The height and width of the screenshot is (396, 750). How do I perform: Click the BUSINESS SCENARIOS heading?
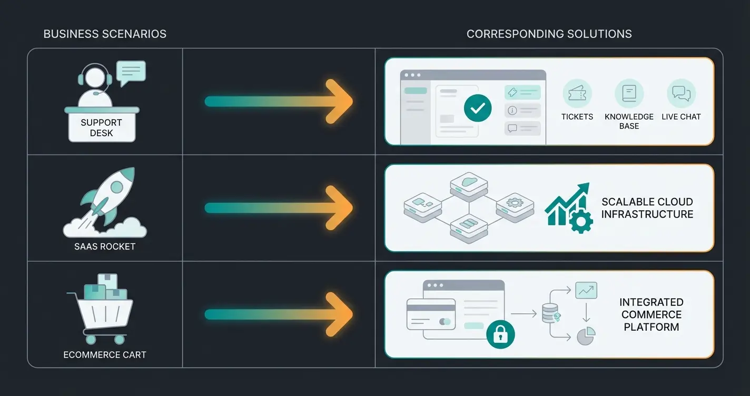coord(105,34)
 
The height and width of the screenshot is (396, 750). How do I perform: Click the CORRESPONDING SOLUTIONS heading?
coord(549,34)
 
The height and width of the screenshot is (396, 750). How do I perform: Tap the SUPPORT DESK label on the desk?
coord(102,127)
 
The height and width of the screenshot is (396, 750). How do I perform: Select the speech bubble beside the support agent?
coord(131,72)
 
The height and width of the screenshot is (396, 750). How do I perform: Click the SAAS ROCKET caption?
coord(105,246)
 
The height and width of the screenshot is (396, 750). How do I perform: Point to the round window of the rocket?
coord(116,186)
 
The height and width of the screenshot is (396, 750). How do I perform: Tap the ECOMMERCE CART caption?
coord(105,354)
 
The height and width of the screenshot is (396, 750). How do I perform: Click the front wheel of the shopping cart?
coord(120,340)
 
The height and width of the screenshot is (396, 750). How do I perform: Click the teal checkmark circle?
coord(478,109)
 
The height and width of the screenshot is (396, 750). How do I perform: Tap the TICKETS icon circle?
coord(577,94)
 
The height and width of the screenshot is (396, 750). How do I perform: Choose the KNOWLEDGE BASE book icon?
coord(629,94)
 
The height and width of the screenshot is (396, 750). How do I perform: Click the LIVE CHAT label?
coord(681,117)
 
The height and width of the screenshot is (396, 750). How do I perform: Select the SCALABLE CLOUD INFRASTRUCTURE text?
coord(647,208)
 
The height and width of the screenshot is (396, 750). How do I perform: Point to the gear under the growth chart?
coord(581,222)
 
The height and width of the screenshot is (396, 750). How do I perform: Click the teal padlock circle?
coord(500,334)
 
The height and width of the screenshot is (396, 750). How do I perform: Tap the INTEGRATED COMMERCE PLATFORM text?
coord(652,314)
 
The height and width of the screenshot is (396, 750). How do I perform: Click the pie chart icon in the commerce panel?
coord(586,335)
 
